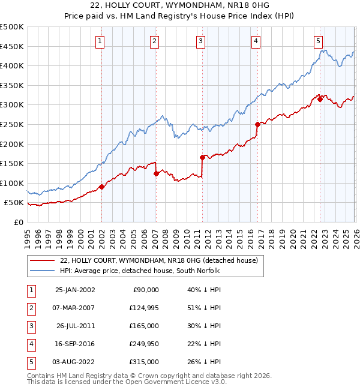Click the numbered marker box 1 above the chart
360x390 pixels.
click(100, 41)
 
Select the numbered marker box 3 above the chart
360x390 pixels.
click(200, 41)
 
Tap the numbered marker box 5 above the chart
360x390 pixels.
click(318, 41)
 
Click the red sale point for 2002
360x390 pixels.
click(101, 187)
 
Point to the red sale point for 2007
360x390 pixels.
click(156, 173)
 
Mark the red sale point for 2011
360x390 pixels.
click(202, 158)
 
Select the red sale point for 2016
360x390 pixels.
click(257, 124)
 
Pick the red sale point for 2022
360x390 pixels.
click(320, 99)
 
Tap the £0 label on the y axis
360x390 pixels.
click(18, 222)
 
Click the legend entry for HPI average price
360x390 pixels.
click(140, 271)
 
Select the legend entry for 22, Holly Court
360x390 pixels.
click(158, 260)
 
